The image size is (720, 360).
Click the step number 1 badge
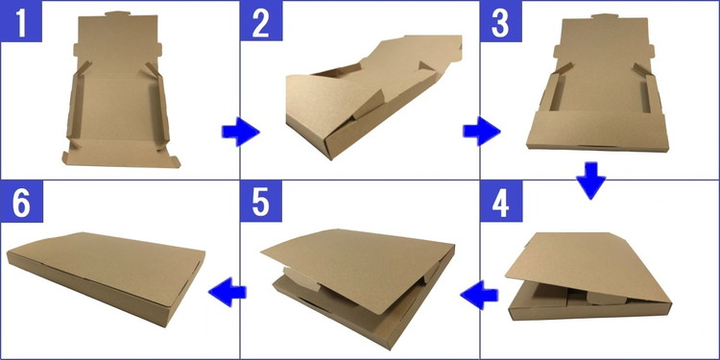tap(21, 21)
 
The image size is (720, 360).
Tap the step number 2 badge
tap(261, 21)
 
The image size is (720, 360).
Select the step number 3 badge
tap(501, 21)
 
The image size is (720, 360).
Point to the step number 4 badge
tap(501, 202)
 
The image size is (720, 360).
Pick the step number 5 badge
tap(261, 202)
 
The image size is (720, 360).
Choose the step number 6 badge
tap(21, 202)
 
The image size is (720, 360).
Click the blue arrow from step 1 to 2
tap(241, 132)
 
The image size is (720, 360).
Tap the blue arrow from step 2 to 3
tap(481, 131)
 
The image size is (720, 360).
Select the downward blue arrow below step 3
tap(590, 180)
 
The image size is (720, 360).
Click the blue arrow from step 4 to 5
tap(479, 295)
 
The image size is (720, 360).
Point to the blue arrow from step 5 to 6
tap(228, 292)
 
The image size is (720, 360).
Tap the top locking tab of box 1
tap(118, 13)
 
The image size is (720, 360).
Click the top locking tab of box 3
tap(604, 16)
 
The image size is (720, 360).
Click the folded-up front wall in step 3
tap(598, 131)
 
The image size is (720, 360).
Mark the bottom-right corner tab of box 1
tap(173, 161)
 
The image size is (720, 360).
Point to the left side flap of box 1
tap(75, 107)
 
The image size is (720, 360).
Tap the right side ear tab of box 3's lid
tap(650, 51)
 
